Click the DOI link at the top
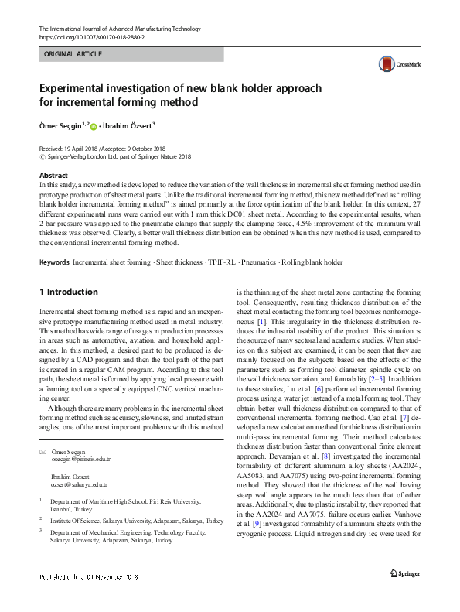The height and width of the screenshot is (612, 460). click(91, 36)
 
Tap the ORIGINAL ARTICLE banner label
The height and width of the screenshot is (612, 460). click(73, 55)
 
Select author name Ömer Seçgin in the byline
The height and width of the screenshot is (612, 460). click(63, 125)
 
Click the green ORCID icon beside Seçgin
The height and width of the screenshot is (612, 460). click(94, 125)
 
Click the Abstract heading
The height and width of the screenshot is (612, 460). click(53, 176)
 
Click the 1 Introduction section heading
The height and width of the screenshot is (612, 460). click(68, 292)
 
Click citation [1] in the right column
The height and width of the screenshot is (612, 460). click(262, 320)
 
